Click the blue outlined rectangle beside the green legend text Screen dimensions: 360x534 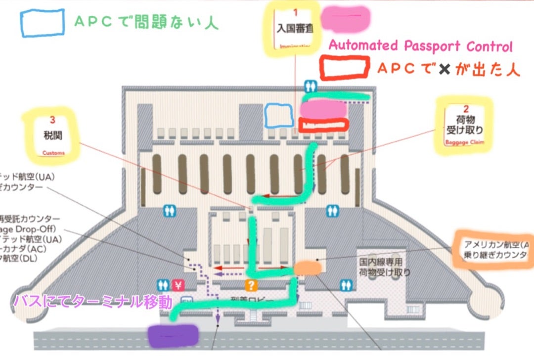click(42, 23)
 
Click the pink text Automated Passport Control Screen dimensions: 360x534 click(420, 46)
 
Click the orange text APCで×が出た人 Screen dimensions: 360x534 click(448, 69)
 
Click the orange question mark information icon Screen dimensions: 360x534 click(252, 285)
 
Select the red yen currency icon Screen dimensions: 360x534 click(178, 285)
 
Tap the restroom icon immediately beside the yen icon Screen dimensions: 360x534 click(164, 285)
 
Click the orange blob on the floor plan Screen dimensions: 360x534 click(308, 268)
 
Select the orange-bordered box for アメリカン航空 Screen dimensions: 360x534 click(493, 250)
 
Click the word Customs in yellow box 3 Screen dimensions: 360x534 click(53, 153)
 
